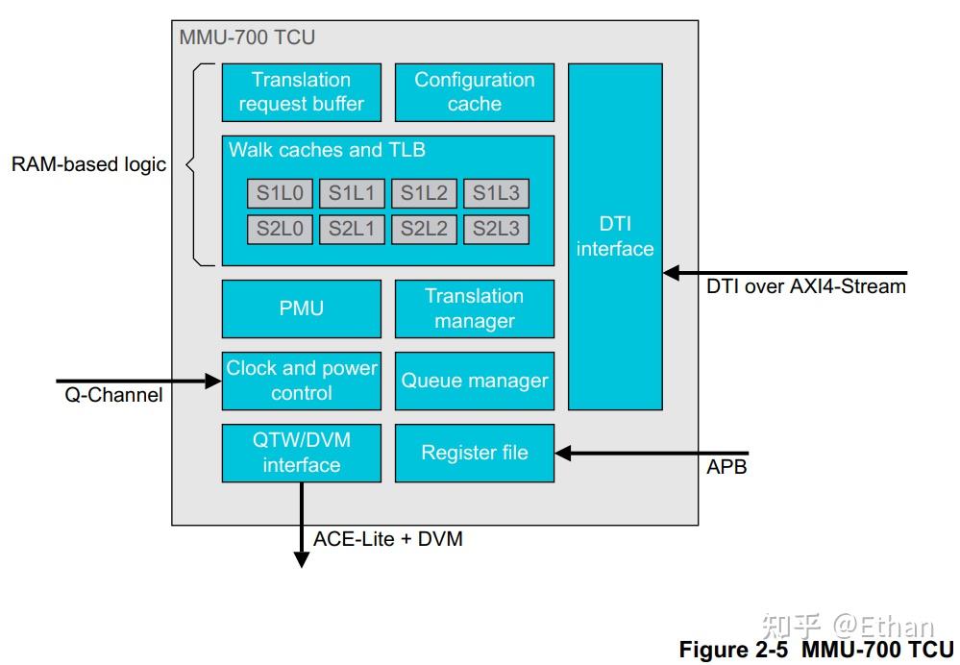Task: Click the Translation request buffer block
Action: pos(301,92)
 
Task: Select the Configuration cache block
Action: pos(474,92)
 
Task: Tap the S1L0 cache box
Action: pos(280,194)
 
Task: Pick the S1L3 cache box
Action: pos(496,194)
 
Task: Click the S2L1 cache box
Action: pos(352,229)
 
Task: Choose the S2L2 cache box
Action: pos(424,229)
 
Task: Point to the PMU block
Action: pos(301,308)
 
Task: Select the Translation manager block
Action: pos(474,308)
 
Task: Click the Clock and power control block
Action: pos(301,381)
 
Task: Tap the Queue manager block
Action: pos(474,381)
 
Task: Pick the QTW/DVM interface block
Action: pos(301,453)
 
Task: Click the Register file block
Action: pos(474,453)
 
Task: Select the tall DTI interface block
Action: pos(615,236)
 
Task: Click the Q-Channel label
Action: pos(113,395)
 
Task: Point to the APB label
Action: pos(726,468)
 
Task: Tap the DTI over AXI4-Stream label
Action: pos(805,285)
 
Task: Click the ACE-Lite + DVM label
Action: pos(387,539)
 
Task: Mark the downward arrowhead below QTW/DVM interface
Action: pos(301,559)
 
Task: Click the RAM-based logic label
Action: pos(88,164)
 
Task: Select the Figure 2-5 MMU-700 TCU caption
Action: pos(816,650)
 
